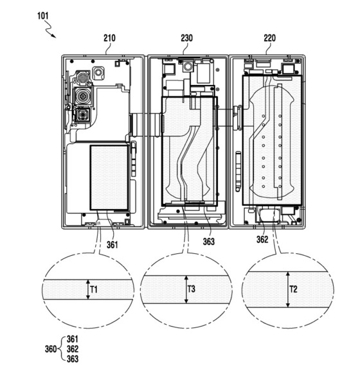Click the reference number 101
pyautogui.click(x=43, y=16)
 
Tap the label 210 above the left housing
pyautogui.click(x=109, y=38)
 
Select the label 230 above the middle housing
pyautogui.click(x=186, y=38)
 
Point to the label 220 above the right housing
pyautogui.click(x=269, y=38)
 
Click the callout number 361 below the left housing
pyautogui.click(x=113, y=245)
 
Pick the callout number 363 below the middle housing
pyautogui.click(x=209, y=242)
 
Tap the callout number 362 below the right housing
pyautogui.click(x=262, y=240)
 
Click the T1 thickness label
pyautogui.click(x=94, y=289)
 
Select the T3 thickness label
pyautogui.click(x=192, y=289)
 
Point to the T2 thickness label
pyautogui.click(x=293, y=289)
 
